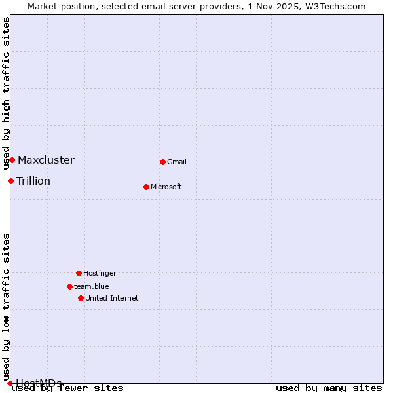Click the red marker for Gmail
coord(162,162)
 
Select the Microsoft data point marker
coord(146,187)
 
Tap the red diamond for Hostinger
coord(79,273)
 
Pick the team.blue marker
coord(69,286)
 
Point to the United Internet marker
coord(81,298)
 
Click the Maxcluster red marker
coord(12,160)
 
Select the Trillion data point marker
coord(10,181)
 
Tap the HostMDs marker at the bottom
coord(10,383)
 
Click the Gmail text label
coord(177,162)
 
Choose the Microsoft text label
coord(166,187)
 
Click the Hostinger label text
coord(100,273)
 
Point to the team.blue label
coord(92,286)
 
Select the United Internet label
coord(112,298)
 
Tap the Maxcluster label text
coord(46,160)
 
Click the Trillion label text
coord(33,181)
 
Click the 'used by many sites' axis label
coord(329,388)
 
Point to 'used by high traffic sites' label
coord(6,94)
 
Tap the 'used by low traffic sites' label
coord(6,307)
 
